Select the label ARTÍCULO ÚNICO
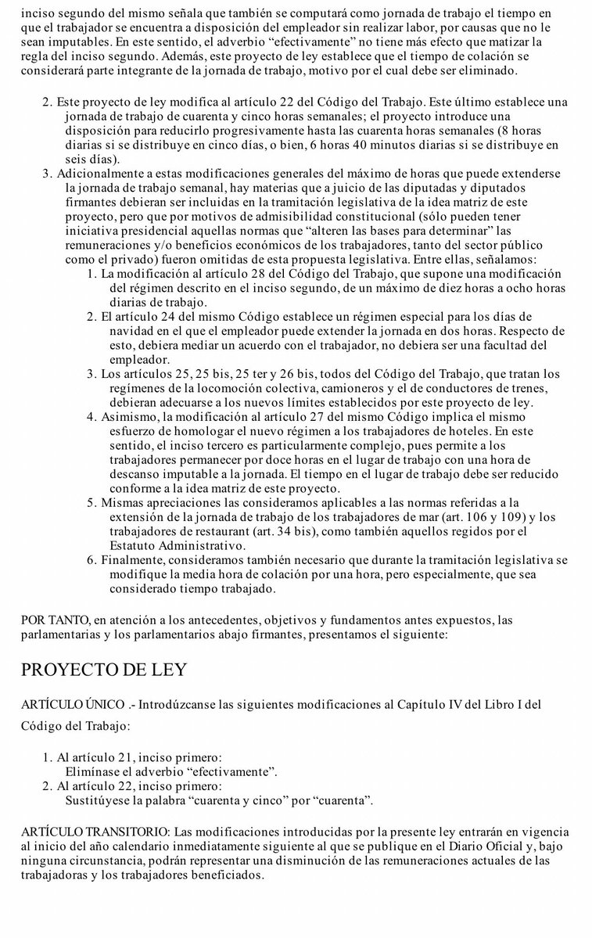[71, 705]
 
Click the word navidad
[129, 331]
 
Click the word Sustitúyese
[99, 800]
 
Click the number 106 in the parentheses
[443, 516]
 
